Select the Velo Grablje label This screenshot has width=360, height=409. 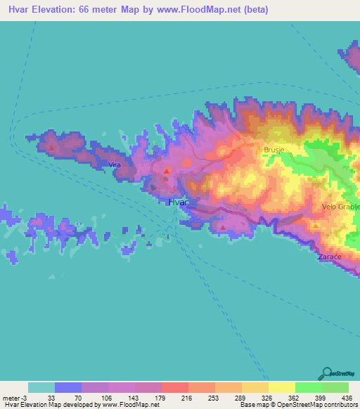pyautogui.click(x=340, y=207)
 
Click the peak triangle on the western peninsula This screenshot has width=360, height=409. pyautogui.click(x=51, y=148)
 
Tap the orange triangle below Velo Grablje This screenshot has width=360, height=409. pyautogui.click(x=316, y=225)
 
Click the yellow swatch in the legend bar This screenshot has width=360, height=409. pyautogui.click(x=281, y=387)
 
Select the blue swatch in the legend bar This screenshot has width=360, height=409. pyautogui.click(x=68, y=387)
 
